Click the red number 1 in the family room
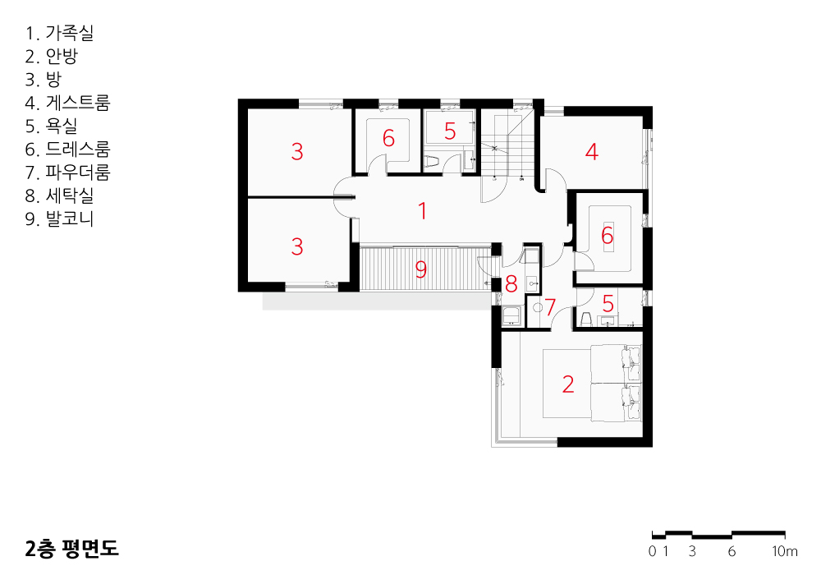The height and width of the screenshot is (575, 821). (x=423, y=211)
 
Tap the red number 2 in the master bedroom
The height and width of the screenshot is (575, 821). (x=568, y=384)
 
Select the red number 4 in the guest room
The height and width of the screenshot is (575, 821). (x=592, y=151)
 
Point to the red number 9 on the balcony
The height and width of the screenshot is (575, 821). (x=421, y=269)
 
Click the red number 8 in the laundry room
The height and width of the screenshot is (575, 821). (x=511, y=284)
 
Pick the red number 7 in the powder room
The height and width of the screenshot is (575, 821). (x=550, y=307)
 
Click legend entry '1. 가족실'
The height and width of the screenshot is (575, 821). (x=59, y=33)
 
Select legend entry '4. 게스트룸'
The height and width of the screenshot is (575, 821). (x=67, y=103)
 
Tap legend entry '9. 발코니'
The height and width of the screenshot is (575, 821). (x=59, y=218)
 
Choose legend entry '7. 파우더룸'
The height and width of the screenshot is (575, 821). (x=67, y=172)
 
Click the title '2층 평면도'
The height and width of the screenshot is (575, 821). (x=71, y=548)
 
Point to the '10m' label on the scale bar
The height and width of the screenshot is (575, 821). (x=784, y=551)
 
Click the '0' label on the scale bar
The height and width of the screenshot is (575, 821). (x=652, y=551)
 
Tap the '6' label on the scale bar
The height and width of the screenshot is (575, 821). (x=732, y=551)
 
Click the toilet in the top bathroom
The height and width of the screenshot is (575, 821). (x=432, y=163)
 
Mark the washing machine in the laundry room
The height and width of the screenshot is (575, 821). (x=511, y=317)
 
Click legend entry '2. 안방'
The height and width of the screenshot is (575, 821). (x=51, y=56)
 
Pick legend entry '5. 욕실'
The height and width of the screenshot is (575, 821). (x=51, y=126)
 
